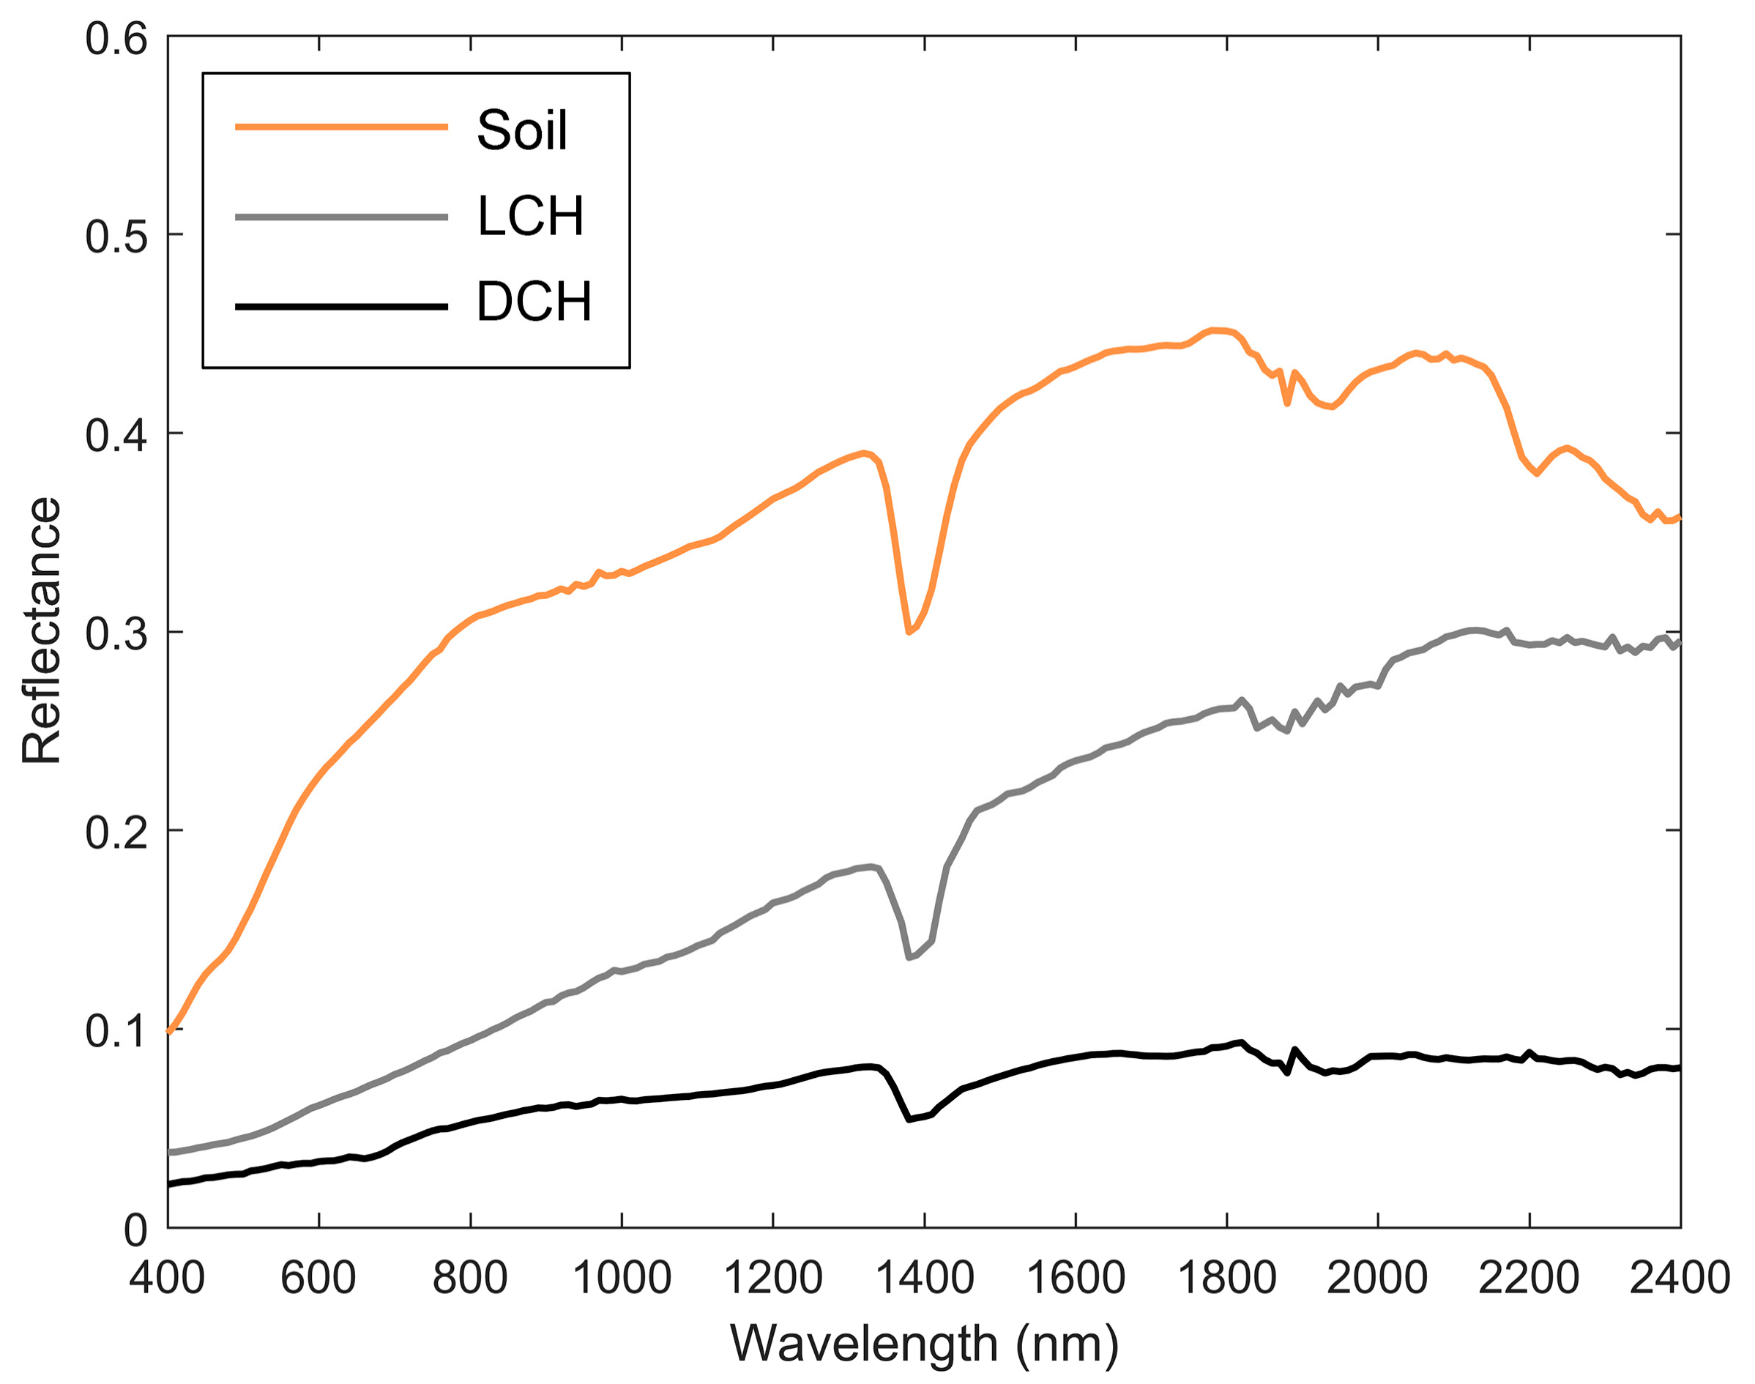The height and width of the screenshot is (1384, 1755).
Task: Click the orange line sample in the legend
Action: pyautogui.click(x=341, y=127)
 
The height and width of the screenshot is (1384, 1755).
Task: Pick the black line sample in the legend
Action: pyautogui.click(x=341, y=307)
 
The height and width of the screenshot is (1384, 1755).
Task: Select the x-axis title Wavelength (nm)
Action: pyautogui.click(x=924, y=1344)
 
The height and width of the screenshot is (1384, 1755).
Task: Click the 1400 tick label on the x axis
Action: pyautogui.click(x=924, y=1278)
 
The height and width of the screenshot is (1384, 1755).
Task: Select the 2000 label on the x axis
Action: pyautogui.click(x=1377, y=1278)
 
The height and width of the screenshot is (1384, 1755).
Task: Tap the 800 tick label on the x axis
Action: pyautogui.click(x=470, y=1278)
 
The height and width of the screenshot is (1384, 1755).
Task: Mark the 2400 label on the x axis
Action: pyautogui.click(x=1679, y=1278)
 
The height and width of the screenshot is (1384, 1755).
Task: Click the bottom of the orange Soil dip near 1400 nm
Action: pyautogui.click(x=909, y=631)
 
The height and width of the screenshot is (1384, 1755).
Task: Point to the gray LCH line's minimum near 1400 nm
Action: pyautogui.click(x=909, y=957)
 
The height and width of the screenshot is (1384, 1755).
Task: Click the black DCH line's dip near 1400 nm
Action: pyautogui.click(x=909, y=1119)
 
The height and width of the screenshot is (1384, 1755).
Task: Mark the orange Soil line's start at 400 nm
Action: pyautogui.click(x=169, y=1031)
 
